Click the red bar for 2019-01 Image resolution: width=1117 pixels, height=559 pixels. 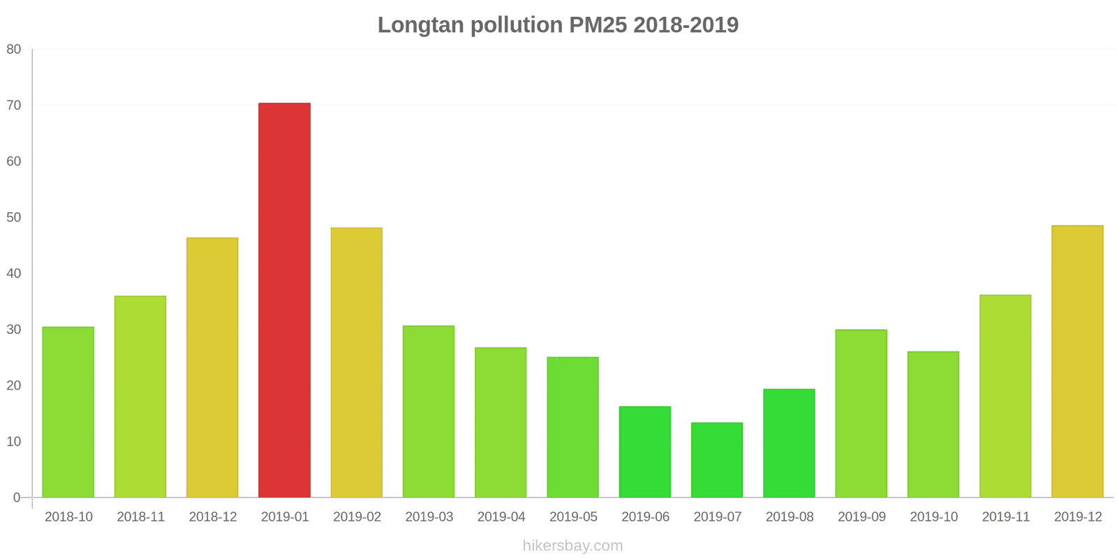pyautogui.click(x=284, y=300)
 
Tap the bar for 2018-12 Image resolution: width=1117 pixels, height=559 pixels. pyautogui.click(x=212, y=368)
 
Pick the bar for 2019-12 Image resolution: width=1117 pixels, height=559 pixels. pyautogui.click(x=1077, y=361)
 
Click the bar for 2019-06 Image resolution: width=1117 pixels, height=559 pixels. pyautogui.click(x=645, y=452)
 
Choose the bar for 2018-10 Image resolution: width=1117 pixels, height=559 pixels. pyautogui.click(x=68, y=412)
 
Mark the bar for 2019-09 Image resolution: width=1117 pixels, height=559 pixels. pyautogui.click(x=861, y=414)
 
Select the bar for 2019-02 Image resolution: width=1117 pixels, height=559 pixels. pyautogui.click(x=356, y=363)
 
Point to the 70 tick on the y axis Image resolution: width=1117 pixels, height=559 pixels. pyautogui.click(x=14, y=106)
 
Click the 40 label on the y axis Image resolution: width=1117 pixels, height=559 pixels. pyautogui.click(x=14, y=273)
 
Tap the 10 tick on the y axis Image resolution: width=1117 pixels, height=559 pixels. pyautogui.click(x=14, y=442)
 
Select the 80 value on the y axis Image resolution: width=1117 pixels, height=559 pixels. pyautogui.click(x=14, y=50)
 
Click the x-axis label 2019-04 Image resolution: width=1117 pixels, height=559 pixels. pyautogui.click(x=501, y=517)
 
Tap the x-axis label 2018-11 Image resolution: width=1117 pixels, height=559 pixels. pyautogui.click(x=140, y=517)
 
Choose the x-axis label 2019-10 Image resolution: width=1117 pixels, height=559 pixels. pyautogui.click(x=933, y=517)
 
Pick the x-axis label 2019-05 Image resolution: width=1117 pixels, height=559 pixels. pyautogui.click(x=573, y=517)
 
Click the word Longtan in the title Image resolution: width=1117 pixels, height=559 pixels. pyautogui.click(x=421, y=25)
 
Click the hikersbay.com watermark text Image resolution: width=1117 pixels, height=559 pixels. pyautogui.click(x=572, y=546)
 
